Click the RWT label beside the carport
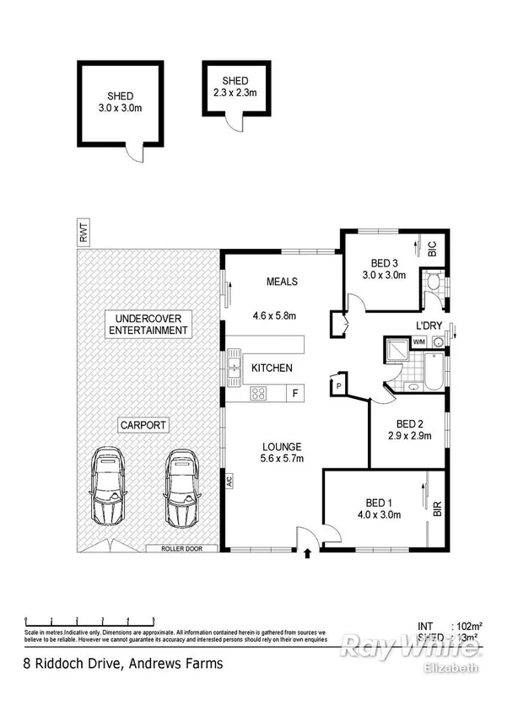[x=83, y=234]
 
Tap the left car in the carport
[x=109, y=487]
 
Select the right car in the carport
[x=181, y=487]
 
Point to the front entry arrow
[x=307, y=553]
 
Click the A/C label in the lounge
[x=228, y=483]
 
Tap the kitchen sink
[x=232, y=368]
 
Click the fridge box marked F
[x=294, y=392]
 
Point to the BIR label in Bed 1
[x=436, y=509]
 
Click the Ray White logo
[x=411, y=648]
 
